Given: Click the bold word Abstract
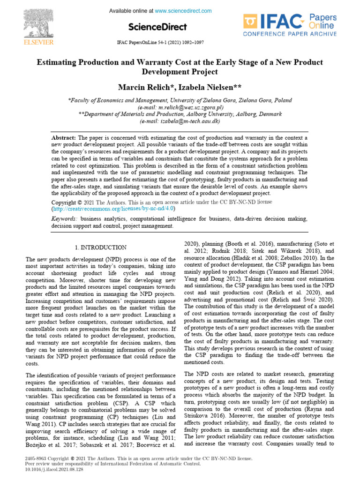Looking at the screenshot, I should coord(63,138).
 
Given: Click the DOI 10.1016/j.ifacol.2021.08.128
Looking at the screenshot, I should coord(53,469).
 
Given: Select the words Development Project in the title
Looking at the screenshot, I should coord(180,72).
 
